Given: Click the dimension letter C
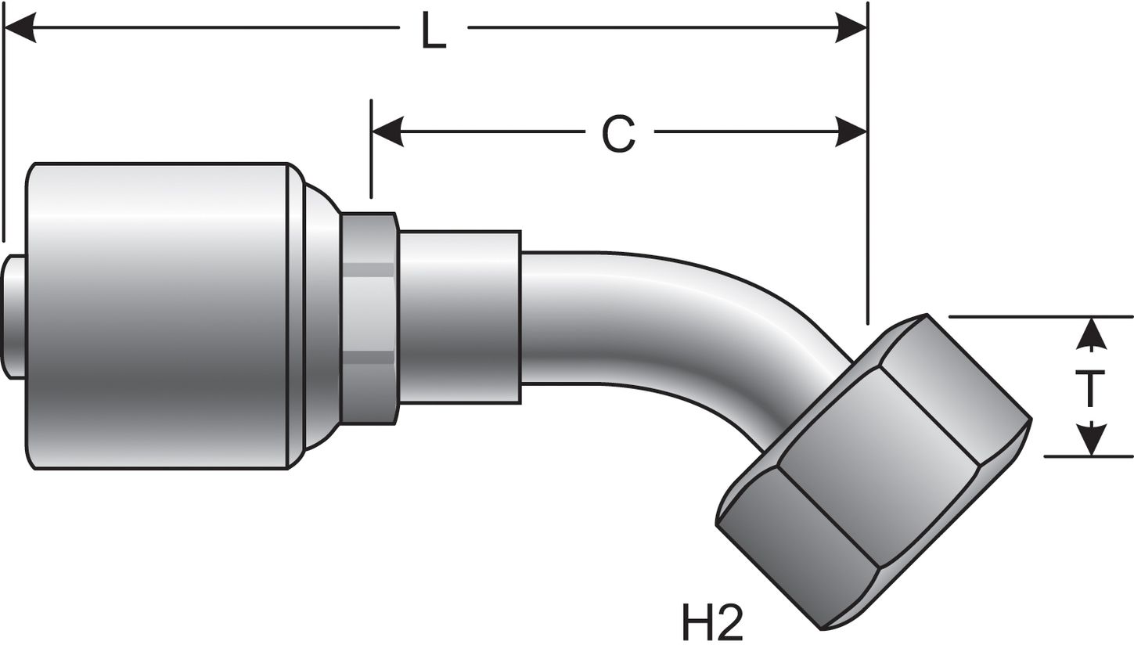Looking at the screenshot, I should click(618, 134).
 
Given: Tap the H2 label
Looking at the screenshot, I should click(711, 623).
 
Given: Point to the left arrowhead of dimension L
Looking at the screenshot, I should click(20, 27).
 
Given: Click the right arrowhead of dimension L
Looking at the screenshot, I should click(851, 27).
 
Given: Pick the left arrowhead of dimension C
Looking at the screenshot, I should click(387, 131).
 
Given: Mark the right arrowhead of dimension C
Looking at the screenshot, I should click(851, 131).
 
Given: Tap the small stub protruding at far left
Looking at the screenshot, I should click(13, 316).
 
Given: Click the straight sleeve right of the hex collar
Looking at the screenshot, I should click(459, 317).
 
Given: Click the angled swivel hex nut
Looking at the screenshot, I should click(873, 470).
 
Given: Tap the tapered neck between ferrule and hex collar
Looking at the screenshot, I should click(321, 317).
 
